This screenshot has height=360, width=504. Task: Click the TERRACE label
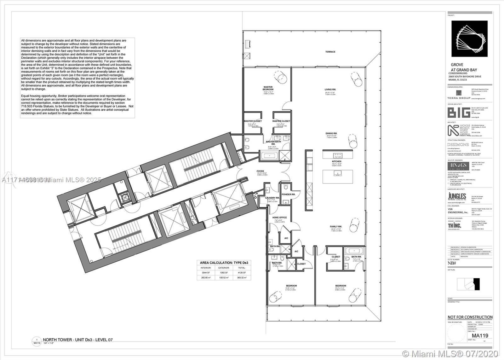point(330,52)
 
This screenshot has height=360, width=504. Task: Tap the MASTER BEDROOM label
point(268,88)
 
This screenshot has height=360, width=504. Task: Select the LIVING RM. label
point(330,90)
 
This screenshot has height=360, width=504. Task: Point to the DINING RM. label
point(331,133)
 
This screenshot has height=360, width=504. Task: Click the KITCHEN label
point(336,161)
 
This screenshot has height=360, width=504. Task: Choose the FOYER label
point(260,171)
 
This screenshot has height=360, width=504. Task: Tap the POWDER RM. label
point(288,195)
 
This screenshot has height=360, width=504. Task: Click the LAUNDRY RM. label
point(272,198)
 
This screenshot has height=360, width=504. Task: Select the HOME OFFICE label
point(279,218)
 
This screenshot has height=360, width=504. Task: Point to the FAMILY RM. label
point(336,227)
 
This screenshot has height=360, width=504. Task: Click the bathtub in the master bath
point(268,156)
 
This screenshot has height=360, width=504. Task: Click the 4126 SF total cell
point(242,273)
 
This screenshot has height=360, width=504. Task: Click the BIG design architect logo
point(458,113)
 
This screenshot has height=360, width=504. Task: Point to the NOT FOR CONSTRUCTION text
point(470,317)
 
